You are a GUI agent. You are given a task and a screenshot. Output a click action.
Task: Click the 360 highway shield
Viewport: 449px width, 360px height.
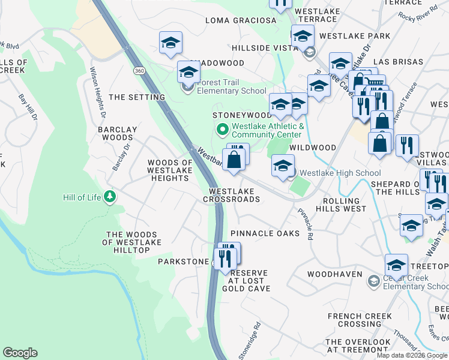(x=139, y=71)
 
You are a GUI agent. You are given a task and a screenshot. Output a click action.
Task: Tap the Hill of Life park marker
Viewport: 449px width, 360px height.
(x=109, y=197)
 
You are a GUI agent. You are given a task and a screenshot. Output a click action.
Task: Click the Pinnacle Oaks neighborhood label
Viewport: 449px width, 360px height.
(x=265, y=233)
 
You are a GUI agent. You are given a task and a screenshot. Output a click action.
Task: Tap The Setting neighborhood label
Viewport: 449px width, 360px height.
(x=137, y=97)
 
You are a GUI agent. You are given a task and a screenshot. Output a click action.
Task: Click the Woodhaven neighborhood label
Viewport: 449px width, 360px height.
(x=334, y=274)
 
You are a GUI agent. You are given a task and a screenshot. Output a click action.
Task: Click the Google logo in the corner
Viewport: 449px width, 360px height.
(x=20, y=353)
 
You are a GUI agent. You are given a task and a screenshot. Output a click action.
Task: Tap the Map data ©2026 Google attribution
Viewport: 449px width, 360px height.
(x=412, y=355)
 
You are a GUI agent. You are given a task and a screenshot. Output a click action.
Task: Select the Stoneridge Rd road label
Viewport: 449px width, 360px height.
(x=250, y=342)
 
